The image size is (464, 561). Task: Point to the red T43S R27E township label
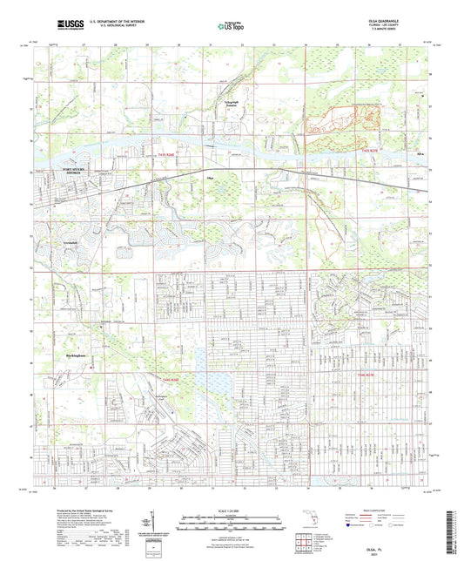click(x=373, y=152)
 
